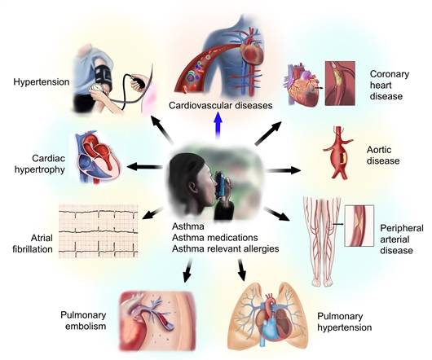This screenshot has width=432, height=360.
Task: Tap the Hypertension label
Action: (42, 81)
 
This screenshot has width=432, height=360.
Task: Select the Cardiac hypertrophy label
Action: (40, 164)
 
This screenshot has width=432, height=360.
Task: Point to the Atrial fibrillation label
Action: (33, 244)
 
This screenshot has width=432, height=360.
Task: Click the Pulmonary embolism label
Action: (83, 321)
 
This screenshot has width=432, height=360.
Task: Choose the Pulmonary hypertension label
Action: (345, 322)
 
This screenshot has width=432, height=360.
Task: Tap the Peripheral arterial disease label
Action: (402, 239)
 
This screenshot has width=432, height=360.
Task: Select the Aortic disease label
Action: (383, 156)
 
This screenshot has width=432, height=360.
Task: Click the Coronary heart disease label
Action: (390, 85)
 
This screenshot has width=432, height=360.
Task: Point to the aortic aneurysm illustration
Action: (338, 153)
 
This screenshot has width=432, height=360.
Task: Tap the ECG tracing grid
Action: (99, 231)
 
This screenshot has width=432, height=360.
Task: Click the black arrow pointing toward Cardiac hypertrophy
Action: (144, 166)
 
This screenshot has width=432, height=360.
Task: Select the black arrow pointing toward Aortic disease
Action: (284, 170)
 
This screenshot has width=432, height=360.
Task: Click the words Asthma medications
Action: (215, 237)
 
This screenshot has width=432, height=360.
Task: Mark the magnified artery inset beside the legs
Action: (359, 226)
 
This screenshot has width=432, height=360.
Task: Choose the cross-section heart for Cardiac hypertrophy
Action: (98, 158)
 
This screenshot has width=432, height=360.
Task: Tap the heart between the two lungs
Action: (272, 319)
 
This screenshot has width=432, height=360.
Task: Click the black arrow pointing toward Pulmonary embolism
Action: (187, 271)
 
